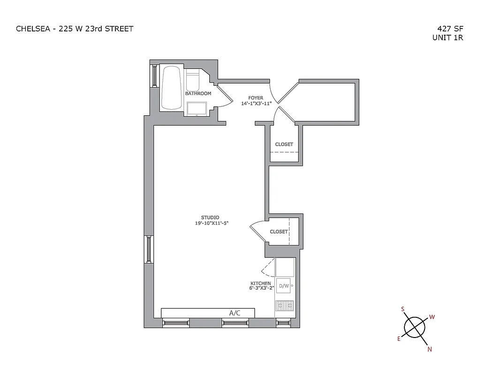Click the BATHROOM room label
[198, 94]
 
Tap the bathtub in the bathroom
[171, 88]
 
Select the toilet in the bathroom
[193, 81]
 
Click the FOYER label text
[256, 98]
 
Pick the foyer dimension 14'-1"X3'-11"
[256, 103]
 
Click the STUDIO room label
[210, 217]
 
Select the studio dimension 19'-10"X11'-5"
[211, 223]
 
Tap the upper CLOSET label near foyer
[284, 144]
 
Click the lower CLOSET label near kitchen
[279, 232]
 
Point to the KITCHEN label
[260, 284]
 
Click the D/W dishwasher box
[284, 285]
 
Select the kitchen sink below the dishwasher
[284, 306]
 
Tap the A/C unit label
[235, 313]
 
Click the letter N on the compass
[429, 349]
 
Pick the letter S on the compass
[402, 309]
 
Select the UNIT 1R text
[448, 38]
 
